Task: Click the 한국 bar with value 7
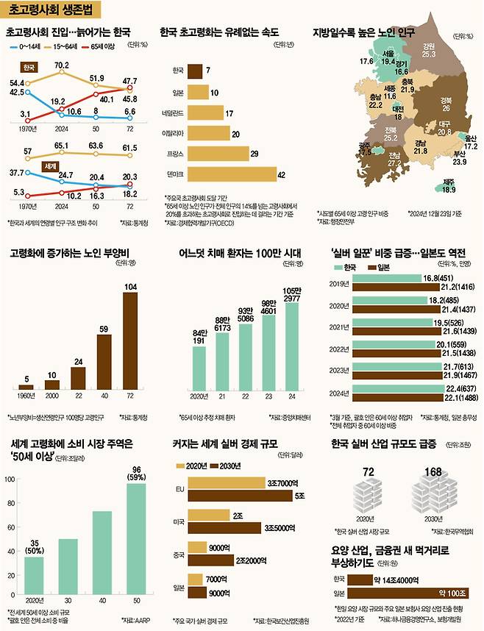click(196, 71)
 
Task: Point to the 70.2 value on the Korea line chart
click(62, 66)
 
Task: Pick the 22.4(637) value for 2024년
click(440, 388)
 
